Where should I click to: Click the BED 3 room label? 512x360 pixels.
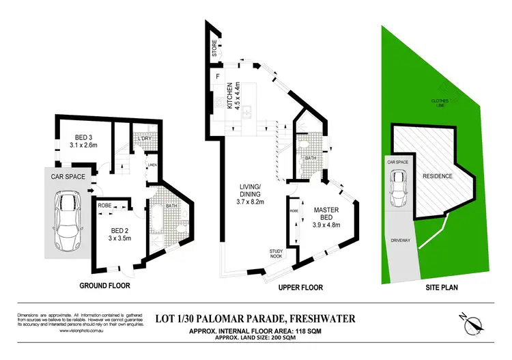coord(83,140)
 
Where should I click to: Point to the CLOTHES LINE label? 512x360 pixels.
coord(440,105)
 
